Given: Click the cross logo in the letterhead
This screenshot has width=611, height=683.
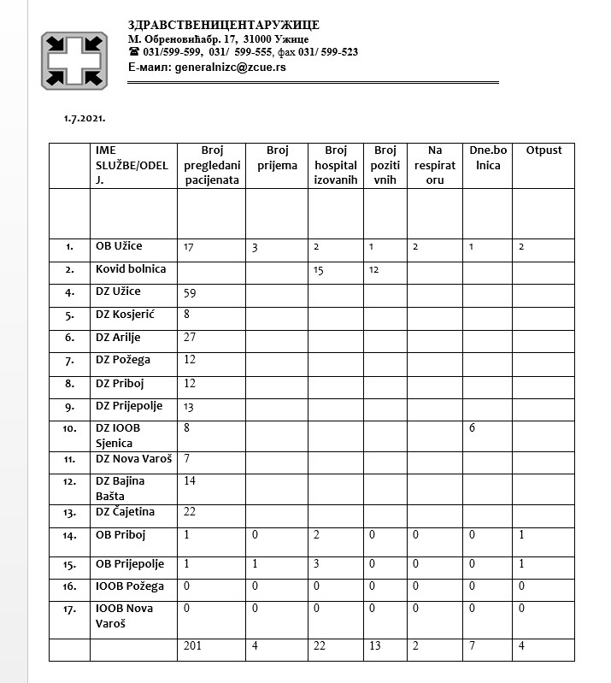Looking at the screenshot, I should coord(74,60).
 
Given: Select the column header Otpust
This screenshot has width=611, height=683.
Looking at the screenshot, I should coord(543,150).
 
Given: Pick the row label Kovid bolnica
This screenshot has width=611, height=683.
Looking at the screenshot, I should coord(130,269).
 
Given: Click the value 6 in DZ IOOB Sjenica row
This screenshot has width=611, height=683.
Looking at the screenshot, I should coord(472,427).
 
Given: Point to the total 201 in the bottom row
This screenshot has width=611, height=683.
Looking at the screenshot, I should coord(194,646).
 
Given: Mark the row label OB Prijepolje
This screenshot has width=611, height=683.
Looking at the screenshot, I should coord(130,564).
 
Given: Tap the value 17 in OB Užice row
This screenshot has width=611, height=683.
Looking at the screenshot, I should coord(189,247).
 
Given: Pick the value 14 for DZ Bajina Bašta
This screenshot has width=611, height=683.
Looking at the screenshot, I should coord(191,481).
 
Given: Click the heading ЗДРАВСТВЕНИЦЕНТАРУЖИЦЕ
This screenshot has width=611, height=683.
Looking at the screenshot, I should coord(223,25).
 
